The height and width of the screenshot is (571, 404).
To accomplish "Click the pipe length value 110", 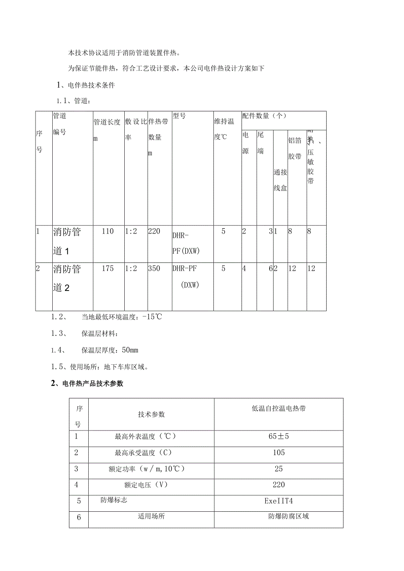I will [107, 231].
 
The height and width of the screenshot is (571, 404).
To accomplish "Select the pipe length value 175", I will [107, 269].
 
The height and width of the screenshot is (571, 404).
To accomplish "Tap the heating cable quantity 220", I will [155, 231].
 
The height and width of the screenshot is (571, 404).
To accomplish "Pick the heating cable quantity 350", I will [155, 269].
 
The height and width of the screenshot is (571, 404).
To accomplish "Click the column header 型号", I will [179, 116].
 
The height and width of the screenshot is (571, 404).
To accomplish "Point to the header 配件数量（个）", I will [264, 116].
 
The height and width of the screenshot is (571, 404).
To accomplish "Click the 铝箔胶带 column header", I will [295, 148].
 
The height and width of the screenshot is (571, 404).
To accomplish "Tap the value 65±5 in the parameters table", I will [278, 436].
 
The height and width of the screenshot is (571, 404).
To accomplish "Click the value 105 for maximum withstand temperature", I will [278, 452].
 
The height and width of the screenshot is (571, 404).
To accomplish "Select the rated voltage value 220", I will [278, 485].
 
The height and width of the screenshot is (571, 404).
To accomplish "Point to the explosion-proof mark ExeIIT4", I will [278, 500].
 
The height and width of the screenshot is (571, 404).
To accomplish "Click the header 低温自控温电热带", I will [279, 409].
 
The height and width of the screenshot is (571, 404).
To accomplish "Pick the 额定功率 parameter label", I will [147, 469].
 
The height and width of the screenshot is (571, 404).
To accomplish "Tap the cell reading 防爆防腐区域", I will [289, 516].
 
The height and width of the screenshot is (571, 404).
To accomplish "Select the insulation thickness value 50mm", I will [130, 350].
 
